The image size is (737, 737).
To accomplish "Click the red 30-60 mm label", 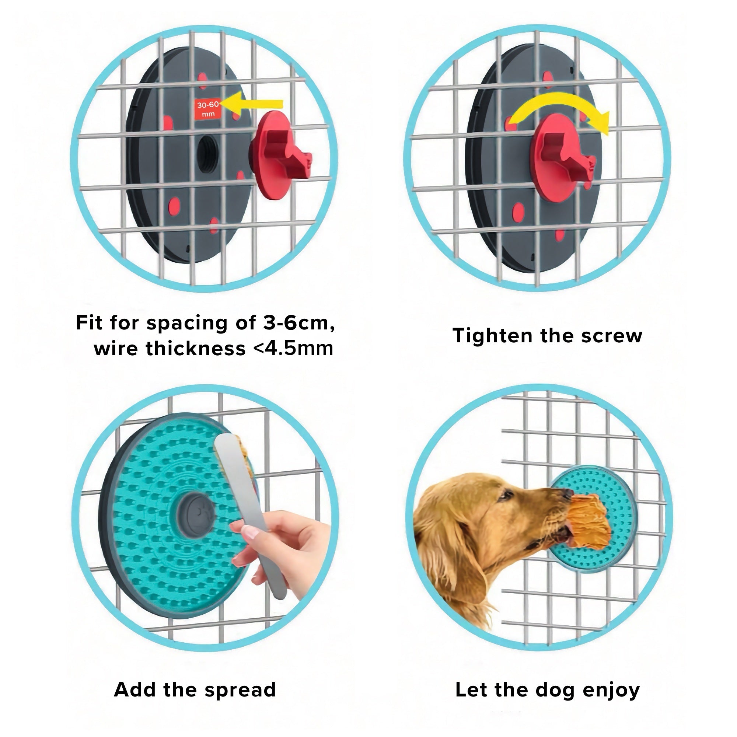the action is coord(208,109).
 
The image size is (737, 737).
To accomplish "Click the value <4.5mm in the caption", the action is coord(293,348).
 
